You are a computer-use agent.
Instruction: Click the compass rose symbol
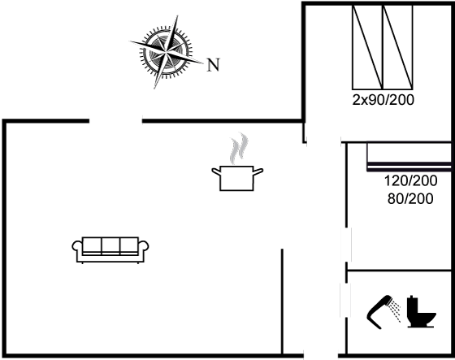tap(166, 52)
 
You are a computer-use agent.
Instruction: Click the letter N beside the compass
tap(213, 65)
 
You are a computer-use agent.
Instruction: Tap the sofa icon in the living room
tap(110, 250)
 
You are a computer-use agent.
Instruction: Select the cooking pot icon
tap(237, 178)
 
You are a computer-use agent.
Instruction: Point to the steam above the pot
tap(239, 148)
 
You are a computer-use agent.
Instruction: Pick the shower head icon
tap(379, 312)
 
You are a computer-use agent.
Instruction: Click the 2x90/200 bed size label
tap(383, 100)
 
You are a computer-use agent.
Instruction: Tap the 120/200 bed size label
tap(410, 180)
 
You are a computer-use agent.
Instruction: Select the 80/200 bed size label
tap(410, 199)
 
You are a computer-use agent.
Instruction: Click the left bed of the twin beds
tap(367, 47)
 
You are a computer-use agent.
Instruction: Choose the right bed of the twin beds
tap(398, 47)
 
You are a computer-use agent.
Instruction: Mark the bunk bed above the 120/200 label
tap(409, 156)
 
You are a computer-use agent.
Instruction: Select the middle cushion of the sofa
tap(110, 246)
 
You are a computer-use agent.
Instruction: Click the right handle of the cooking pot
tap(258, 171)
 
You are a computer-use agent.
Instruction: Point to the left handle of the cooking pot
tap(216, 171)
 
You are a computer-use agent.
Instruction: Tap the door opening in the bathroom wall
tap(345, 300)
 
